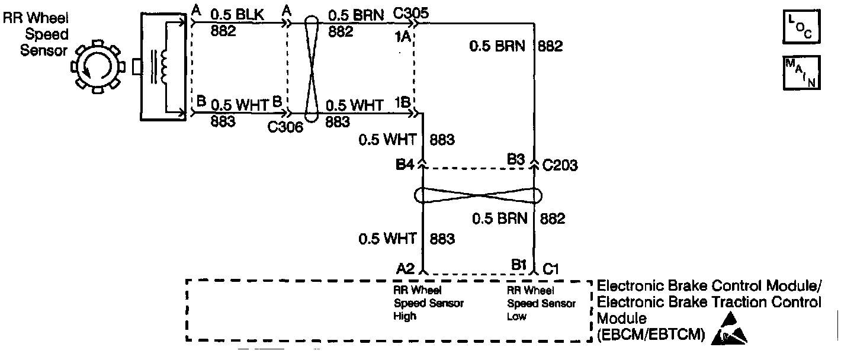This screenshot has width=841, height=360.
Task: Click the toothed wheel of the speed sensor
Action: [x=97, y=67]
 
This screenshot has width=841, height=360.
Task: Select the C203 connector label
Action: [x=560, y=165]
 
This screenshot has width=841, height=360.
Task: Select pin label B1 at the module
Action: [x=519, y=265]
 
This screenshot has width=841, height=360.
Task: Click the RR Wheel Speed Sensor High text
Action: [x=429, y=303]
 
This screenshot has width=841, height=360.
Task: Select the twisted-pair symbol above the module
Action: [x=479, y=196]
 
